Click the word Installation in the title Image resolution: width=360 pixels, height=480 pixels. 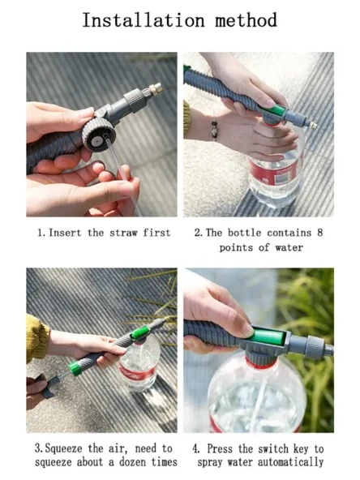(x=144, y=20)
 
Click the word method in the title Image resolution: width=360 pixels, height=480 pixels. (x=246, y=20)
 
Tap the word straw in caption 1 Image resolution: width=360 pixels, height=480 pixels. (x=123, y=233)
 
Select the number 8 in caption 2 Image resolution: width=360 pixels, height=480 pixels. (x=319, y=233)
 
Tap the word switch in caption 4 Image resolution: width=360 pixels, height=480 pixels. (x=273, y=448)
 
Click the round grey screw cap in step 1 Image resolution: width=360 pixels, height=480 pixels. (x=99, y=135)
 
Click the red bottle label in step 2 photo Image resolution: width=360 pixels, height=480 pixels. (x=273, y=173)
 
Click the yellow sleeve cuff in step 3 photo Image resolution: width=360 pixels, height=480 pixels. (x=36, y=338)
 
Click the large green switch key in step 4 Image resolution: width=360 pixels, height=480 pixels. (x=267, y=337)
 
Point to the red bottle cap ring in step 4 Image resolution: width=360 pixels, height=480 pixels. (x=261, y=362)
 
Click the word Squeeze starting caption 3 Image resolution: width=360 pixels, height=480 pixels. (x=64, y=448)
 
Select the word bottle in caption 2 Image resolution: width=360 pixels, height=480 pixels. (x=244, y=233)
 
